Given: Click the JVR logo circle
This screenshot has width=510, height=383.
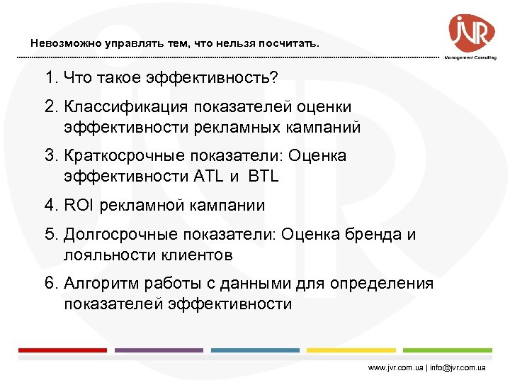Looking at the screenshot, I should [471, 32].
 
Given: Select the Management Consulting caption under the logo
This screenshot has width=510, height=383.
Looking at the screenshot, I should [470, 57].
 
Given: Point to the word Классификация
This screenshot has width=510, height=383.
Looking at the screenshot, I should [122, 107].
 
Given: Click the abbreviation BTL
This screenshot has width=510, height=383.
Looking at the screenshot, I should [263, 177].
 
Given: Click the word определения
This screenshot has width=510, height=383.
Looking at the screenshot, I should [393, 284].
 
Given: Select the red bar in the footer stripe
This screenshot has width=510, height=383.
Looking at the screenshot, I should [62, 350].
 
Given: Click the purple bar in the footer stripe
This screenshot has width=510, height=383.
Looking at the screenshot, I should [158, 350].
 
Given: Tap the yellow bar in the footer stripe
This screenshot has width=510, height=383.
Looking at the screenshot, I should [351, 350].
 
